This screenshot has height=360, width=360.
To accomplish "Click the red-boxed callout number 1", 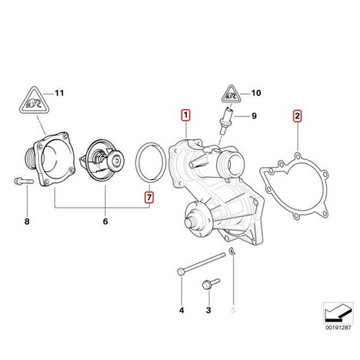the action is (185, 115).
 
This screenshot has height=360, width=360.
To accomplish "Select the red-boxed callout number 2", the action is (297, 116).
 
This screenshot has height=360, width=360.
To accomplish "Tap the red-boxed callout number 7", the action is (149, 197).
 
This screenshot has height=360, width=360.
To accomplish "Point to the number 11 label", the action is (59, 93).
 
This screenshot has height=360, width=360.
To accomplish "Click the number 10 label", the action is (256, 93).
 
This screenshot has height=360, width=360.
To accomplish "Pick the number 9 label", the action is (254, 116).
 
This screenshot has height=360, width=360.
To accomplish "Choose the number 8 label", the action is (27, 222).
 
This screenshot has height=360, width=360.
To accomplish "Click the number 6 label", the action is (105, 222).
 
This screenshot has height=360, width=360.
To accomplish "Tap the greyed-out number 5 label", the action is (233, 310).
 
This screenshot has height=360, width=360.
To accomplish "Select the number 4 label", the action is (182, 310).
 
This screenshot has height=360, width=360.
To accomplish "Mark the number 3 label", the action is (208, 310).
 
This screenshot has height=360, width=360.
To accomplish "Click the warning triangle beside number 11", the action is (34, 101).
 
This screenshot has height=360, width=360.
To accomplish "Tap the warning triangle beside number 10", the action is (232, 95).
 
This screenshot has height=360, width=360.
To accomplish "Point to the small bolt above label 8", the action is (24, 182).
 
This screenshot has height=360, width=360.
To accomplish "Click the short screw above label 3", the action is (211, 284).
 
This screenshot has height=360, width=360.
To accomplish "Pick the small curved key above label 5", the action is (232, 251).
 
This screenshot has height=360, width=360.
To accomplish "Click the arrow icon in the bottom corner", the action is (338, 313).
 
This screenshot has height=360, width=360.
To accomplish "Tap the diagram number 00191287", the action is (338, 328).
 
